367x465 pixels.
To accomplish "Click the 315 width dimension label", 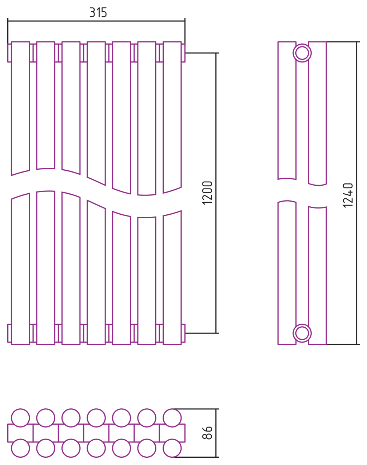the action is (98, 12).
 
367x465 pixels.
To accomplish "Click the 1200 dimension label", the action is (207, 193).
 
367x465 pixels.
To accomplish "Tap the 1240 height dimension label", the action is (348, 195).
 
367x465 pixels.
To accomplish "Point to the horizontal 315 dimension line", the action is (96, 21).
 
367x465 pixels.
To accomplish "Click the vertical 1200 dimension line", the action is (216, 193).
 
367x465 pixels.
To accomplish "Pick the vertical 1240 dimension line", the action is (356, 193).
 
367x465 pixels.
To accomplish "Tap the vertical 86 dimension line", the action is (216, 433).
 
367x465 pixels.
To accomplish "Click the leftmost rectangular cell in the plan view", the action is (20, 433).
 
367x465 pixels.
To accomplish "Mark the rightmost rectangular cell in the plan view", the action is (172, 433).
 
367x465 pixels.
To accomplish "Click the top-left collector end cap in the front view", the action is (9, 53).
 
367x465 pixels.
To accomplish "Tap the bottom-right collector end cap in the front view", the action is (183, 333).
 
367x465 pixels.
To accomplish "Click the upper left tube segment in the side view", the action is (287, 110).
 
